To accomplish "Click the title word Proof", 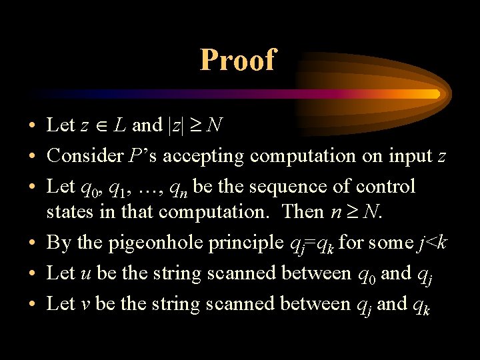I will coord(237,60).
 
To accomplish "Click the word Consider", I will coord(84,155).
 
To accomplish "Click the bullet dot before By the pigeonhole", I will coord(32,243).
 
